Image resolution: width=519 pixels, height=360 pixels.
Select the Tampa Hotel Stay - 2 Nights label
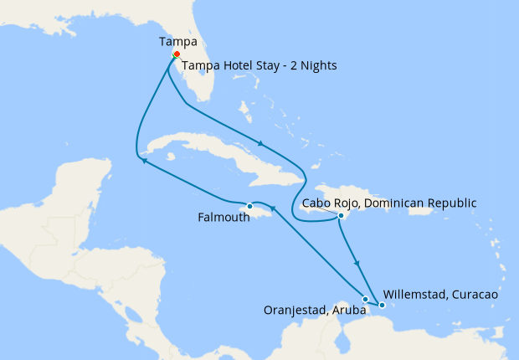259,65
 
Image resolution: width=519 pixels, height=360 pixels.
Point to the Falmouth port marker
249,206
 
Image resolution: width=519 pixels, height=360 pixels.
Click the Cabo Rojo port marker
341,216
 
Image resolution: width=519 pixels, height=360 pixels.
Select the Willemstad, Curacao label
440,295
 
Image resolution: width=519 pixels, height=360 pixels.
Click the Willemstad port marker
383,305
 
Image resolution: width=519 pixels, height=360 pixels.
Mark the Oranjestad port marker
365,299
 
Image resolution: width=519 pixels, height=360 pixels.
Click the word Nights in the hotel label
316,65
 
